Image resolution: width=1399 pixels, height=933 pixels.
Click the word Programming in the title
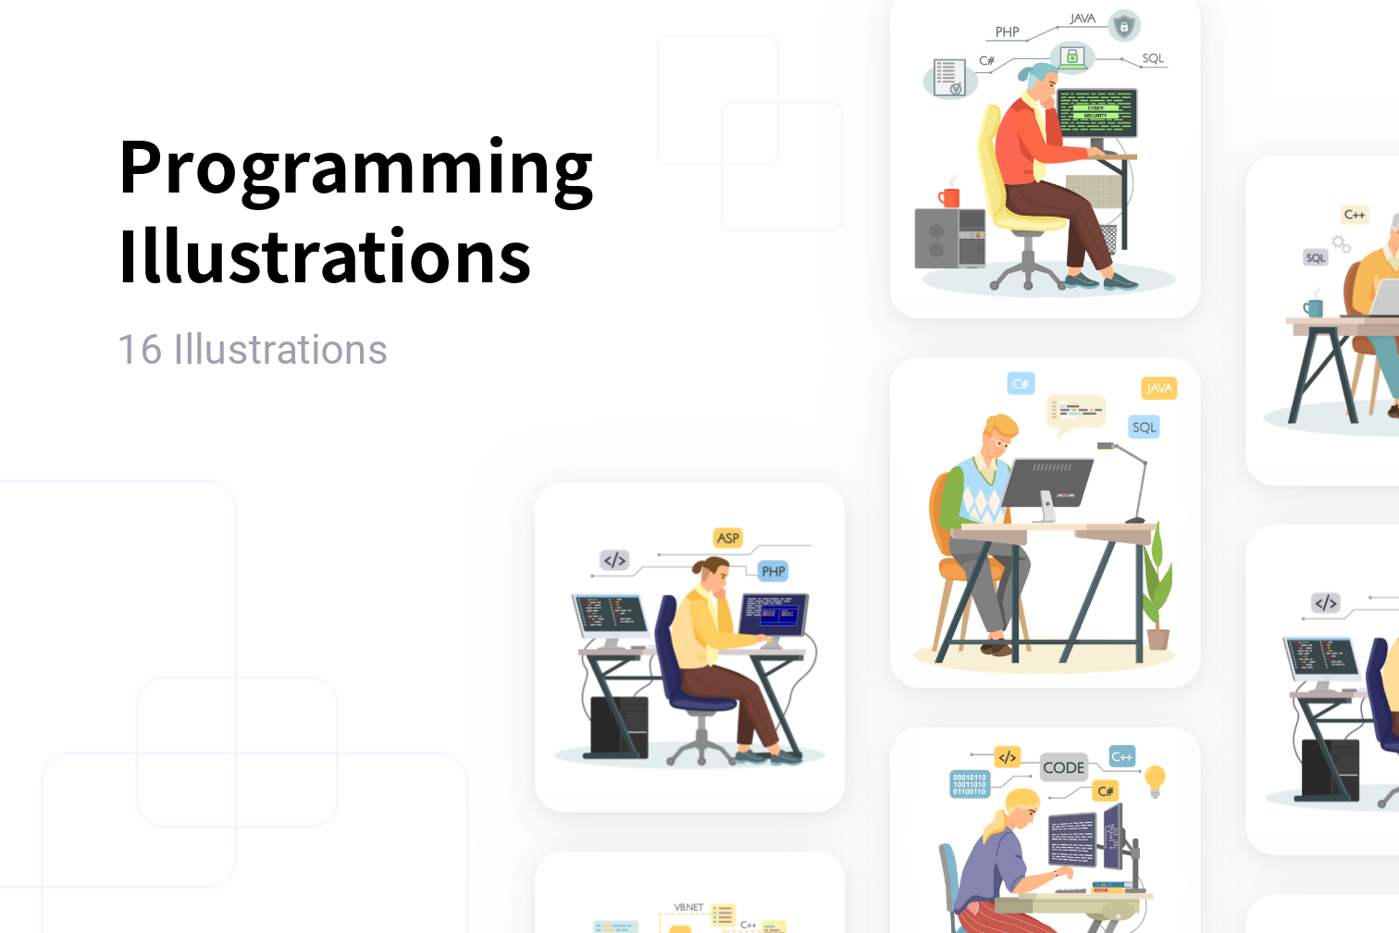(x=355, y=169)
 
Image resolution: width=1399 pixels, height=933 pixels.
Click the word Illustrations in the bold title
(x=325, y=256)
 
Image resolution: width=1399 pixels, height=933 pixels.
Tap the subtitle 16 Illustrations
(x=253, y=350)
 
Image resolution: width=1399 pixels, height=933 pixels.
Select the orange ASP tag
(x=728, y=538)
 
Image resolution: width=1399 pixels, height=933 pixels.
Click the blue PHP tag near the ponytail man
(x=773, y=571)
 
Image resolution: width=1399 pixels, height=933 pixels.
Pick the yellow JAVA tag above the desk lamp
(x=1158, y=389)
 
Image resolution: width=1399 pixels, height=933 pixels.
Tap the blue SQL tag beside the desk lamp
(x=1145, y=427)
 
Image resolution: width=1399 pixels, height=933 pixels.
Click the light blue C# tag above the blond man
(x=1021, y=383)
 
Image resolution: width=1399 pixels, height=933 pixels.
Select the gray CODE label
(x=1063, y=767)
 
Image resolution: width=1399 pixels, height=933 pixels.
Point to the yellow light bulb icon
(x=1155, y=780)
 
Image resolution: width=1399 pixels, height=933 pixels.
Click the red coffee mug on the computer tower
(x=949, y=196)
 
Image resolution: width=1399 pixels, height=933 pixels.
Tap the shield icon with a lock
(x=1124, y=27)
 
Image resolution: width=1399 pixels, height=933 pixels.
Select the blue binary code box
(x=969, y=785)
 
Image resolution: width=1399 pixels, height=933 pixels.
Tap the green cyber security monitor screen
(x=1096, y=112)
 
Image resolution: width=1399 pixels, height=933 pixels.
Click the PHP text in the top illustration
(x=1007, y=32)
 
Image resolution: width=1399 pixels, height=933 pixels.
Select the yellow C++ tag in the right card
(x=1354, y=215)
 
